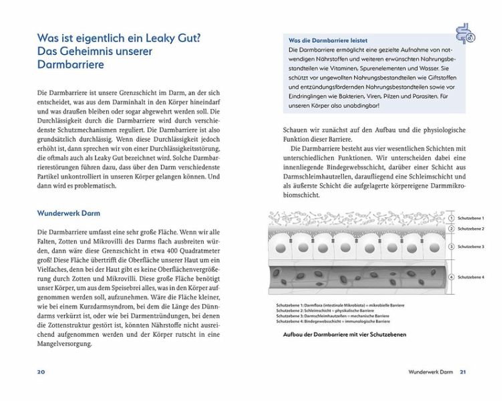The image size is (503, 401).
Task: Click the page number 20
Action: [x=22, y=372]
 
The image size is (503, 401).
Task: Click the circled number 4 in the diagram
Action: [x=452, y=277]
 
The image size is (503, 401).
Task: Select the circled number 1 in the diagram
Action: [x=452, y=218]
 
